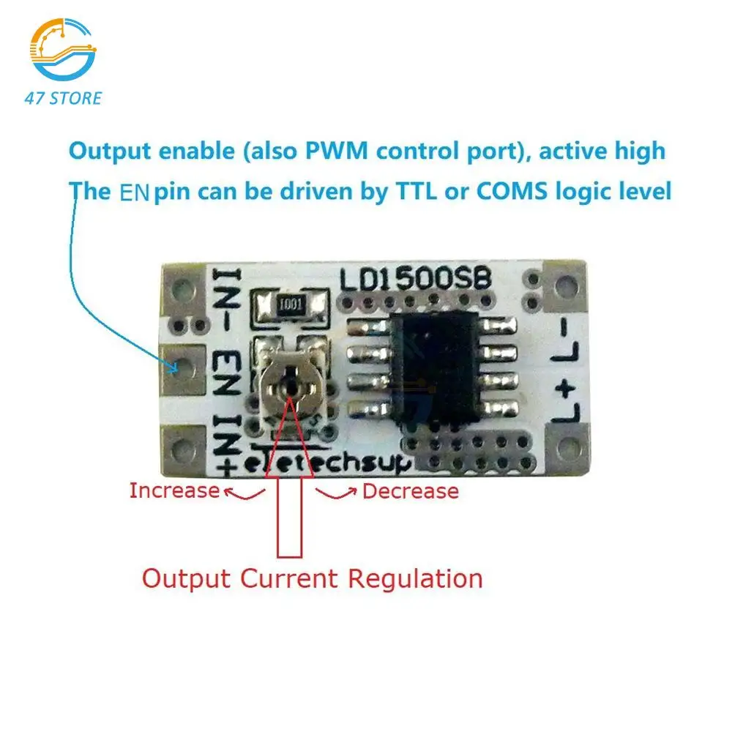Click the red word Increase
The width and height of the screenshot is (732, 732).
[x=174, y=490]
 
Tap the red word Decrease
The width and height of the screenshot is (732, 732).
[x=410, y=490]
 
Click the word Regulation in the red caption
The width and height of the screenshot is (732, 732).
[x=415, y=578]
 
